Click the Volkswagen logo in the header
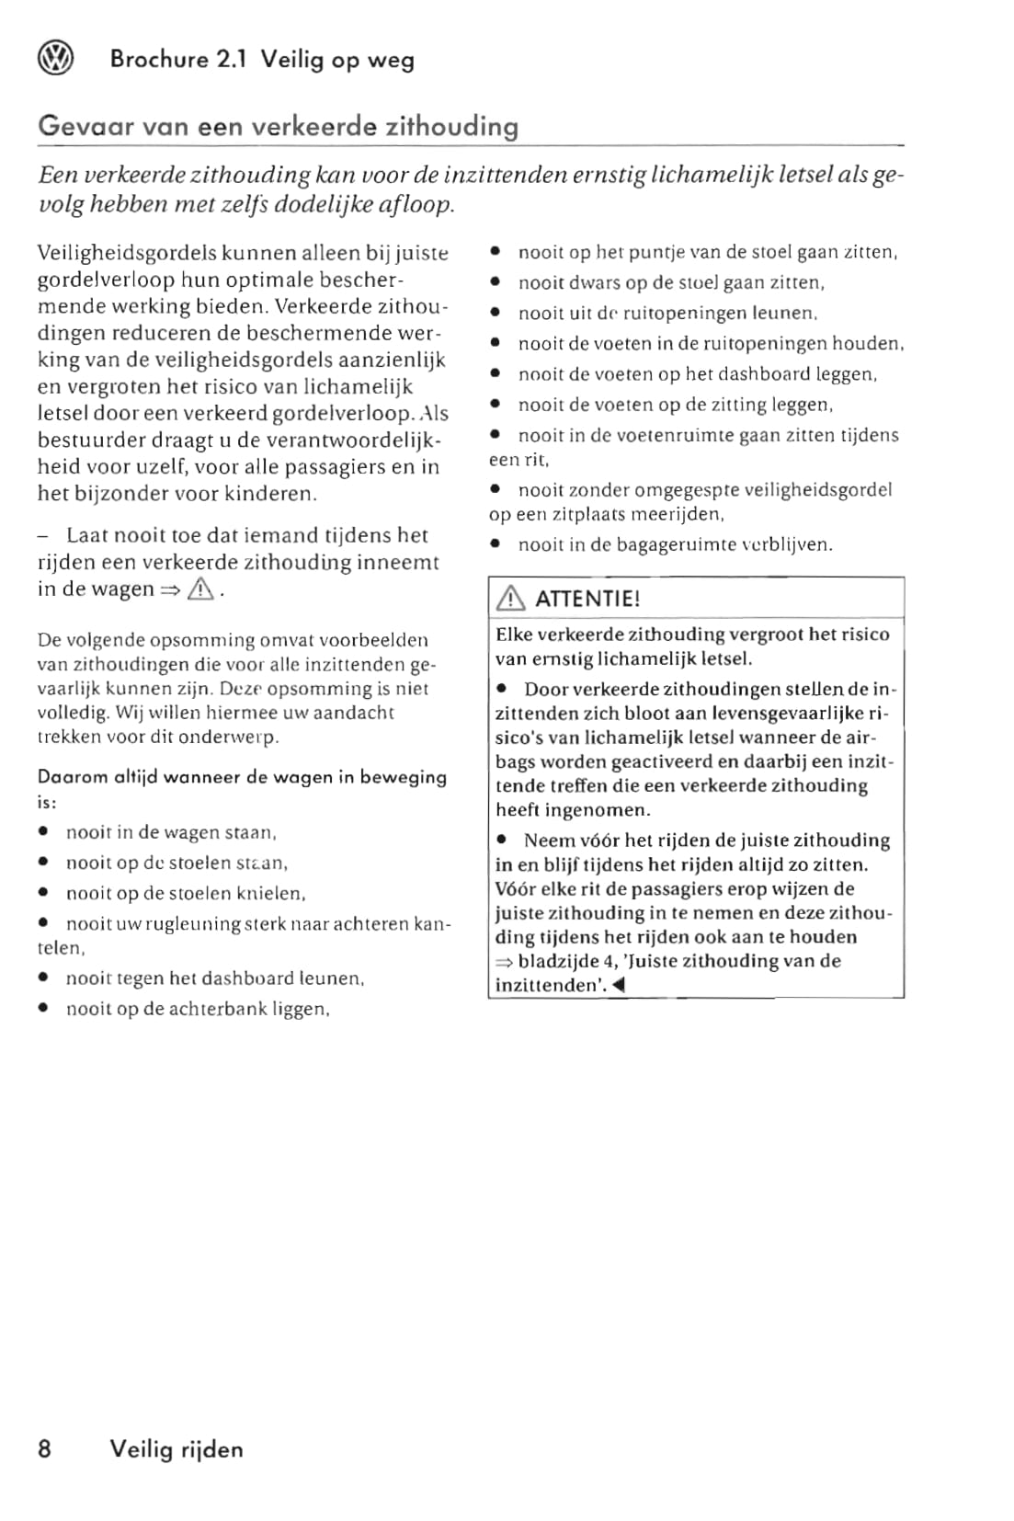coord(55,60)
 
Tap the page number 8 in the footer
coord(45,1449)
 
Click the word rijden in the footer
coord(212,1449)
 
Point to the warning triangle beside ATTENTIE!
coord(510,600)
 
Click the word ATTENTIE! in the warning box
coord(587,600)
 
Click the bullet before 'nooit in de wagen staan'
coord(43,833)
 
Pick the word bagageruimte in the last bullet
coord(678,544)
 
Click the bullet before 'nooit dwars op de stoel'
coord(496,283)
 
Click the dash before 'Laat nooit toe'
coord(43,535)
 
